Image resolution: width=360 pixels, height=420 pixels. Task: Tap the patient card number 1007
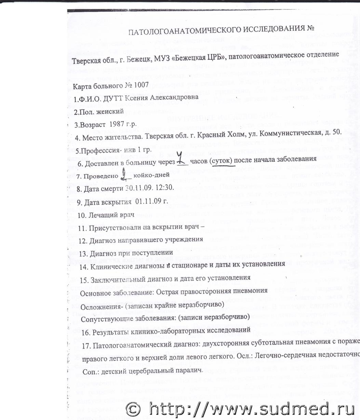[140, 85]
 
